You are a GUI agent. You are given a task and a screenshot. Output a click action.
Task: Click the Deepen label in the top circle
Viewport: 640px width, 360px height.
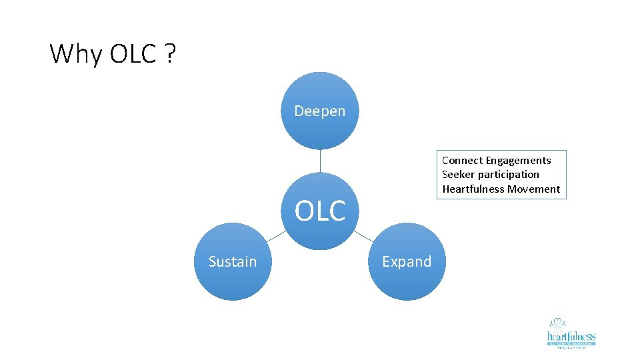320,111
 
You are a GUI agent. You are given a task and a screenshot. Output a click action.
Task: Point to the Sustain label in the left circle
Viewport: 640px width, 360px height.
232,261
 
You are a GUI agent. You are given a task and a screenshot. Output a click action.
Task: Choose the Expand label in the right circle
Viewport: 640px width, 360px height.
407,261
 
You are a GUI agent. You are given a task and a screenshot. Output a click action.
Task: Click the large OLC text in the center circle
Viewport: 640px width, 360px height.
320,211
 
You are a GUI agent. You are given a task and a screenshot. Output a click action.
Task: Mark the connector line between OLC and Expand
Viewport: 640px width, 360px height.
363,235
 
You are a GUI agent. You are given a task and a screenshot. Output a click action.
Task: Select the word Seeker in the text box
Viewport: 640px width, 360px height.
457,174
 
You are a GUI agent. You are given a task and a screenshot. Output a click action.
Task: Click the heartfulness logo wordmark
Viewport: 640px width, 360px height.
571,336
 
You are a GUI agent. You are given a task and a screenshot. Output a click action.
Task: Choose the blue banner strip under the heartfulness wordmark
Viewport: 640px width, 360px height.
571,343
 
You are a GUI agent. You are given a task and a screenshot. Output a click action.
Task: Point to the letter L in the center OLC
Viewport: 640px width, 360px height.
321,211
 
